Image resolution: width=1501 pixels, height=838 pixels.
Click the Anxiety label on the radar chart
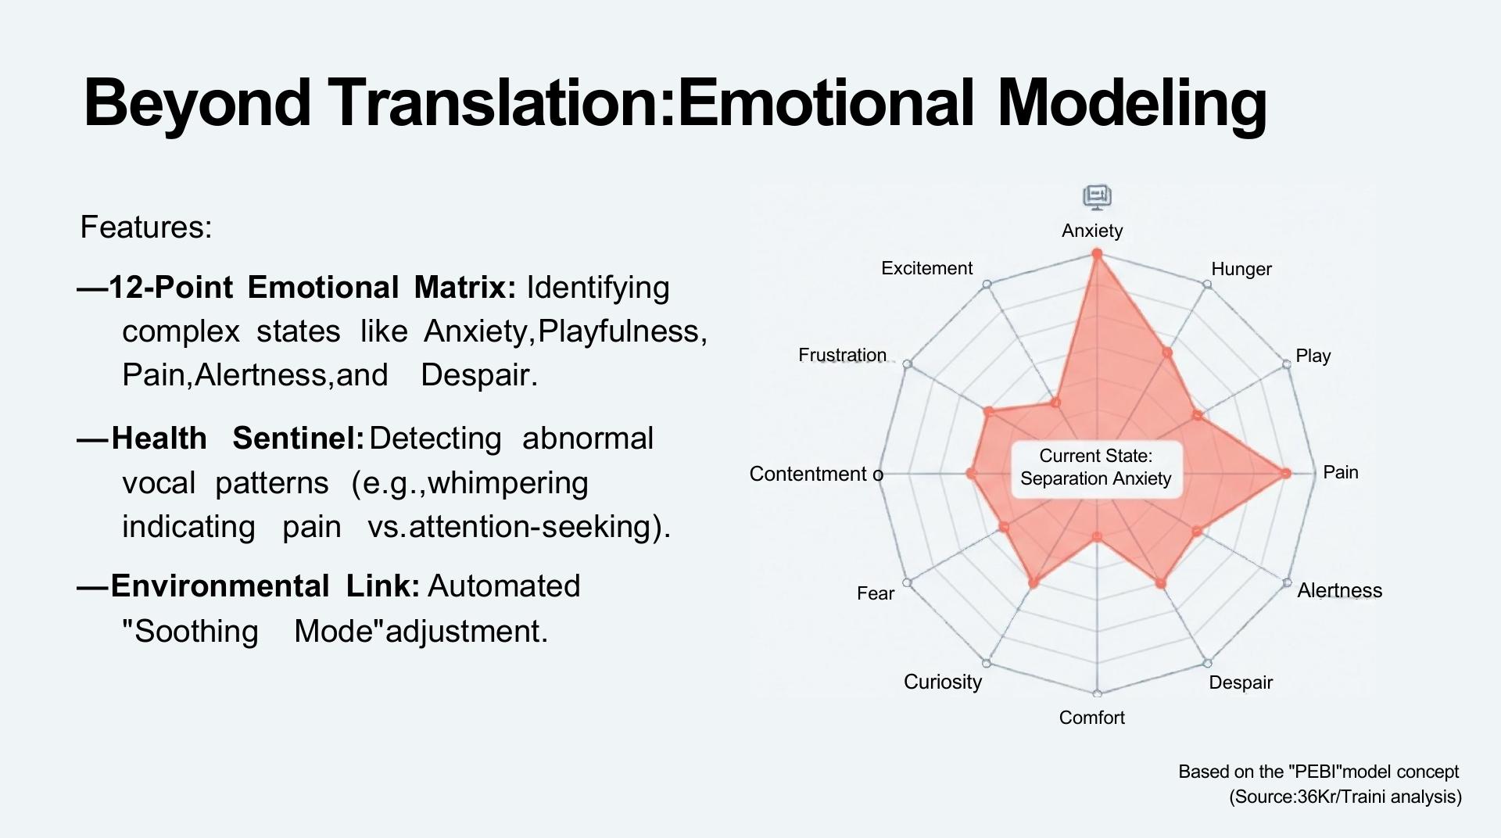click(x=1092, y=231)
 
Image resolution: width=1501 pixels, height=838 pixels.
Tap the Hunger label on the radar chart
click(x=1241, y=269)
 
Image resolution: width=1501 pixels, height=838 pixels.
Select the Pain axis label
click(x=1340, y=472)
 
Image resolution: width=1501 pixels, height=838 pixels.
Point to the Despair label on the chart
click(x=1241, y=682)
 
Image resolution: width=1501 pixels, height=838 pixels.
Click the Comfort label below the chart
click(x=1091, y=718)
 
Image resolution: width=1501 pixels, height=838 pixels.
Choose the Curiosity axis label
click(x=942, y=682)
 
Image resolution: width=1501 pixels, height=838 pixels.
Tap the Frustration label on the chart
click(x=842, y=355)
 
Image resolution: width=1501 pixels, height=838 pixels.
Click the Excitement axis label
click(x=926, y=268)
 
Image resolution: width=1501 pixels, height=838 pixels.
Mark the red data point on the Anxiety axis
click(x=1097, y=254)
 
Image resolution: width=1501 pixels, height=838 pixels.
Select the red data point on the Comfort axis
click(x=1097, y=537)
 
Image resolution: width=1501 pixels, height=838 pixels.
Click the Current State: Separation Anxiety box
click(x=1096, y=467)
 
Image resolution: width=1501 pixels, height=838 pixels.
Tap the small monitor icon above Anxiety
click(x=1097, y=197)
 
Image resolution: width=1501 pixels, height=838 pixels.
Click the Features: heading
click(x=146, y=227)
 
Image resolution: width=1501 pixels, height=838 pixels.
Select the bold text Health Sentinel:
click(x=238, y=439)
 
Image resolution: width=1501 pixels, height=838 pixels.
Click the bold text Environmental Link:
click(x=265, y=586)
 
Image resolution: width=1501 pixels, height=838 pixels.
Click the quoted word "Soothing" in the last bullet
click(x=190, y=632)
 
